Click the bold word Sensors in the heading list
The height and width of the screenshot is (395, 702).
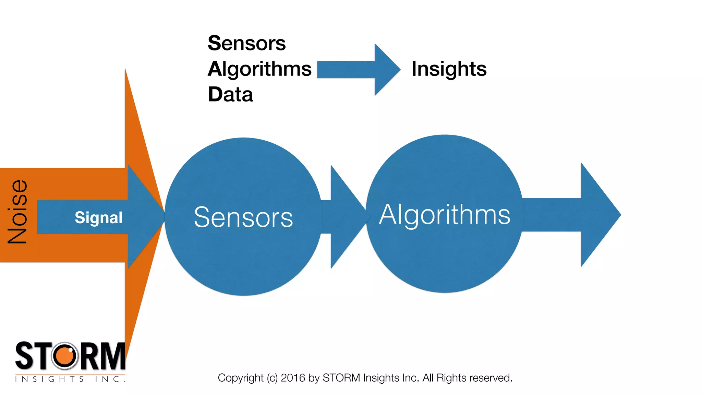click(246, 44)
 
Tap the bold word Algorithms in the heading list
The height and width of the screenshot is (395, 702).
click(259, 69)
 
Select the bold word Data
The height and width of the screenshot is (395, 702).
click(230, 95)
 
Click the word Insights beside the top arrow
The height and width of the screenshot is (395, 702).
click(449, 69)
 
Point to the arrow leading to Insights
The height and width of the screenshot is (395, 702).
click(358, 70)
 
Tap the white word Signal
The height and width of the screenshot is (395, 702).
click(99, 218)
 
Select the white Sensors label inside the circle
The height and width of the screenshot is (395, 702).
click(243, 217)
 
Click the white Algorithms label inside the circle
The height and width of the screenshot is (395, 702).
click(445, 215)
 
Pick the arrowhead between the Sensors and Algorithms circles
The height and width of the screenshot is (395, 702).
click(346, 217)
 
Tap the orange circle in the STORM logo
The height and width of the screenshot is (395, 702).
click(64, 356)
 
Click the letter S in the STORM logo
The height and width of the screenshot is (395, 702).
click(24, 356)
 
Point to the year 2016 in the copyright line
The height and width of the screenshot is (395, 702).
click(293, 378)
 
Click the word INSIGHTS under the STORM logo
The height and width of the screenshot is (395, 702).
click(49, 379)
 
